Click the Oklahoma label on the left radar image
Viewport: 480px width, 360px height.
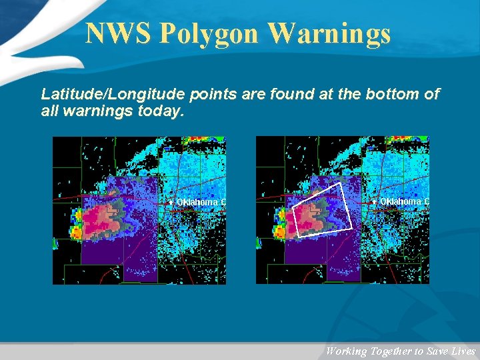[201, 202]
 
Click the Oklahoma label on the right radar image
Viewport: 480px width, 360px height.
[404, 201]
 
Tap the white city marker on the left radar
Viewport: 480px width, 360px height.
[171, 202]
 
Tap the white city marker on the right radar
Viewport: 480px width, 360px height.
[375, 201]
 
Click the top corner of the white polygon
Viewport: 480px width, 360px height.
[341, 183]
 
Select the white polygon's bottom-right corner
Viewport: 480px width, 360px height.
[351, 229]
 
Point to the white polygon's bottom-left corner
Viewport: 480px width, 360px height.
[298, 237]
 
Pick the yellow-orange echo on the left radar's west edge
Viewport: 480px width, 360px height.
[76, 231]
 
